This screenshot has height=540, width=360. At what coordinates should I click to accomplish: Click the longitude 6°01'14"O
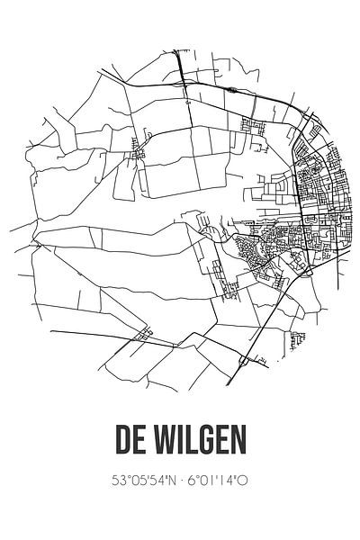click(x=221, y=481)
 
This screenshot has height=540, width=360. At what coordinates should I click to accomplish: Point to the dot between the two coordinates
click(x=184, y=481)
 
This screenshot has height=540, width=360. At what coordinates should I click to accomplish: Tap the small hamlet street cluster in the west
click(x=139, y=153)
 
